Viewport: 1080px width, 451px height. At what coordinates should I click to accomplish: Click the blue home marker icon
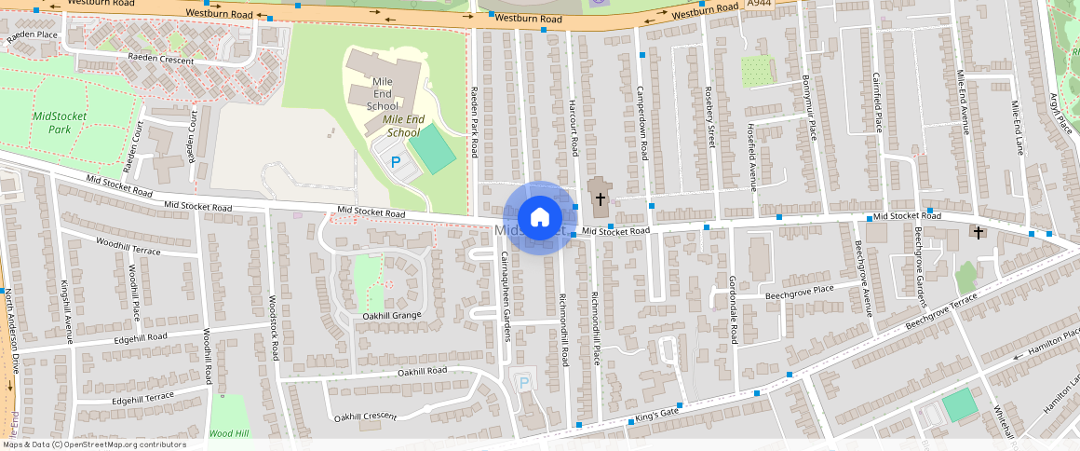[x=539, y=218]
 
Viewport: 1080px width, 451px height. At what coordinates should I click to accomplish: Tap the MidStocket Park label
[x=59, y=122]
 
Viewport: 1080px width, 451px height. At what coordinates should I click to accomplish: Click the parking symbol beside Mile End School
[x=396, y=162]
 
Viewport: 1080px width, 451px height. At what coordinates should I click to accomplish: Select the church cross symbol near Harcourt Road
[x=601, y=198]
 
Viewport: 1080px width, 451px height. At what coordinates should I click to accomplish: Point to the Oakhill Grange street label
[x=391, y=316]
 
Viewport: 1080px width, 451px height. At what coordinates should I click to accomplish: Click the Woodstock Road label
[x=274, y=328]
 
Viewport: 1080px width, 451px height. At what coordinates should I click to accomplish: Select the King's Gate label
[x=656, y=412]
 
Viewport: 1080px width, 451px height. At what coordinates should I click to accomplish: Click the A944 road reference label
[x=760, y=6]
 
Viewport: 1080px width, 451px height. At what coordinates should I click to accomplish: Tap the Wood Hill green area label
[x=229, y=433]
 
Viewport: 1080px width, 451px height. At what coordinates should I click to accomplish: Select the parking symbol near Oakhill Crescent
[x=523, y=382]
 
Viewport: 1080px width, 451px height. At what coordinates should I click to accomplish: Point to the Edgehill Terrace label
[x=142, y=399]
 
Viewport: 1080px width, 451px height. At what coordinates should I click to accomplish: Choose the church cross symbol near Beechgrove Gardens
[x=978, y=231]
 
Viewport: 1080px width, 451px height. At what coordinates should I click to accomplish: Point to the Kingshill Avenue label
[x=67, y=307]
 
